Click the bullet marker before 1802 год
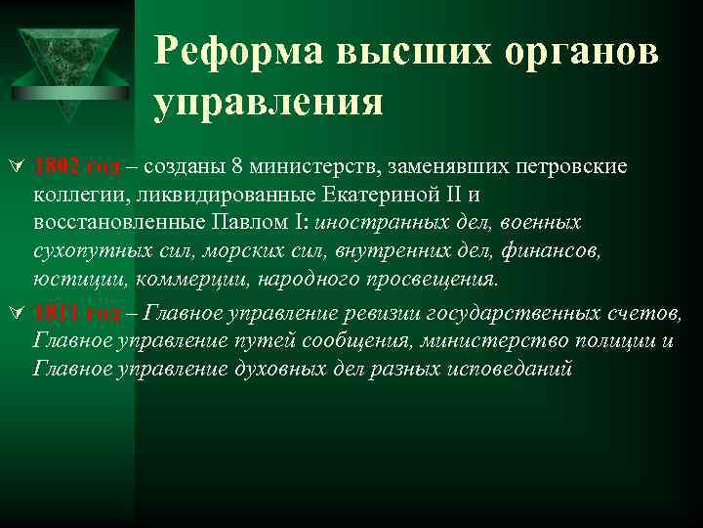pyautogui.click(x=15, y=167)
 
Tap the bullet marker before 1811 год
pyautogui.click(x=15, y=314)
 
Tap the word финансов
pyautogui.click(x=557, y=252)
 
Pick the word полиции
pyautogui.click(x=614, y=341)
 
